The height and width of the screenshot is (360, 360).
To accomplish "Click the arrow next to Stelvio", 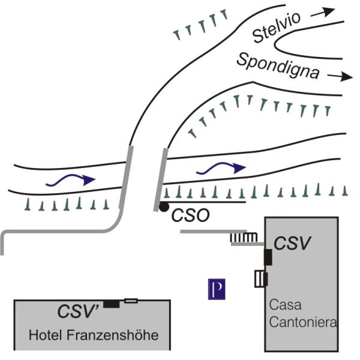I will [x=326, y=11].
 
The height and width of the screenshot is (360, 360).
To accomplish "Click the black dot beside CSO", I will [x=163, y=208].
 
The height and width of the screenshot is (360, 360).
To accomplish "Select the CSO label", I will [x=191, y=215].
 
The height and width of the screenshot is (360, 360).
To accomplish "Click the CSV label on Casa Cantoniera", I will [x=293, y=244].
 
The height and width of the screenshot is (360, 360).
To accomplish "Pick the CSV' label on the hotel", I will [x=78, y=311].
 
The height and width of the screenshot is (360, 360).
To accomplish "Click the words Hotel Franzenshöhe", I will [x=94, y=335].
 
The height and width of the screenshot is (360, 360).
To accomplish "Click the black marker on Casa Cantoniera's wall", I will [x=268, y=257].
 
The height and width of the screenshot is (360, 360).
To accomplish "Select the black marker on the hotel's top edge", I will [x=110, y=304].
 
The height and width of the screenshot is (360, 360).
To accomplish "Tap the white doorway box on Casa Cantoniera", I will [x=261, y=279].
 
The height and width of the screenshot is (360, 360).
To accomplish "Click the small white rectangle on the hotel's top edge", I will [x=131, y=300].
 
